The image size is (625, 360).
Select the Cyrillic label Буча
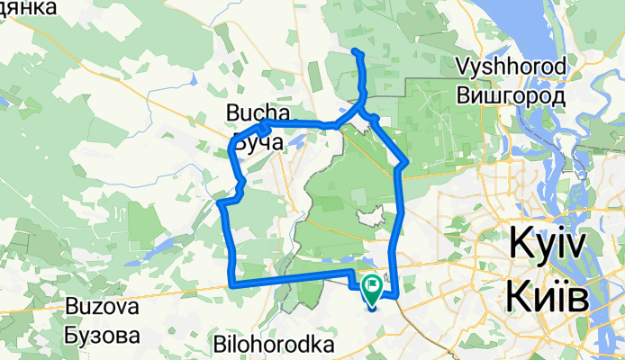[258, 142]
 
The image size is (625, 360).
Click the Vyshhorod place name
[511, 67]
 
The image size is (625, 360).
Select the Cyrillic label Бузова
[102, 336]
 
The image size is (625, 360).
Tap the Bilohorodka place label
[274, 345]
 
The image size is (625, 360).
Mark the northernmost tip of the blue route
[355, 50]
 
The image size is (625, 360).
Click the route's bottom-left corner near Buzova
[233, 283]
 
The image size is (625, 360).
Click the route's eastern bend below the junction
[407, 163]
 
